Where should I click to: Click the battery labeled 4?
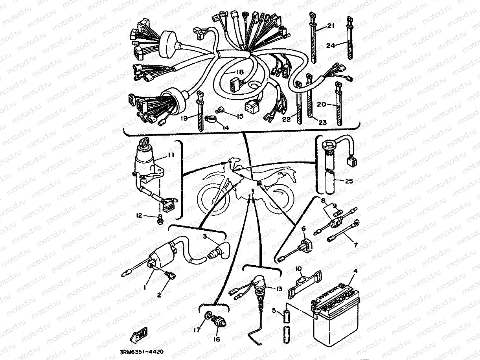coord(334,314)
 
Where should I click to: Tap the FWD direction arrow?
coord(139,335)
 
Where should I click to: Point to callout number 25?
coord(349,181)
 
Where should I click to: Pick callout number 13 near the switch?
coord(278,288)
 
